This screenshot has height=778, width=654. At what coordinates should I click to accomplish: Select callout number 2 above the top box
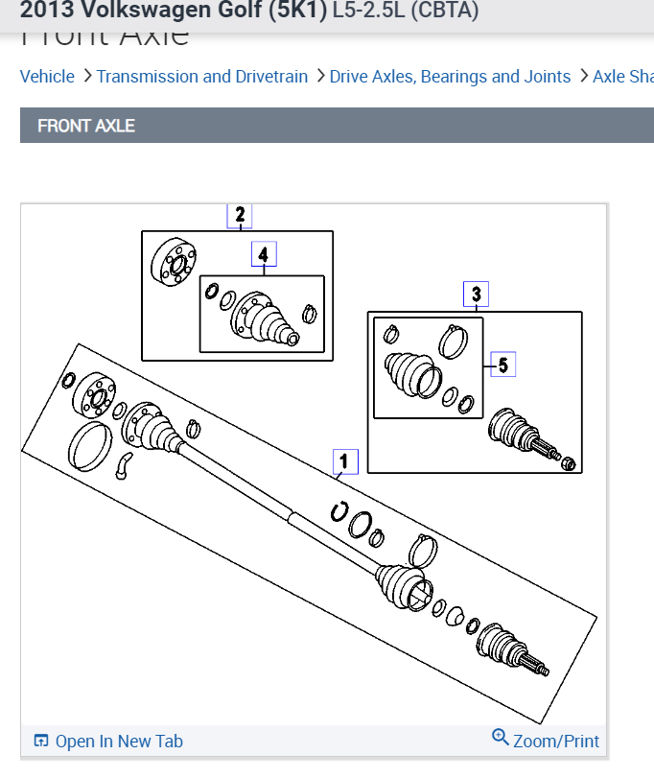coord(240,216)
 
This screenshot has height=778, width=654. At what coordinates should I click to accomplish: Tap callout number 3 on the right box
coord(477,294)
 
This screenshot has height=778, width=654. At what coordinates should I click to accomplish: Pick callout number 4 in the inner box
coord(264,254)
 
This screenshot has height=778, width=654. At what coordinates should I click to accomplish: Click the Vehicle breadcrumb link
coord(47,77)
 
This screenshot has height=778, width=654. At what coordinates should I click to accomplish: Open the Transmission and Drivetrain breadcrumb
coord(202,77)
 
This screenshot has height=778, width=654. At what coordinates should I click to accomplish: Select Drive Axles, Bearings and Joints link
coord(450,77)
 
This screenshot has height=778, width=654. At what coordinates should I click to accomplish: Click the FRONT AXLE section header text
coord(86,126)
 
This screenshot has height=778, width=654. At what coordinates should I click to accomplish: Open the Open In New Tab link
coord(119,741)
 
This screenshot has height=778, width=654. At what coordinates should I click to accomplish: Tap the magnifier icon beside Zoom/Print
coord(500,737)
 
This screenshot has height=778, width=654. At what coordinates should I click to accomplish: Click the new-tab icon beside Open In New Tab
coord(41,741)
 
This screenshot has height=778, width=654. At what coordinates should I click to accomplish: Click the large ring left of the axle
coord(89,446)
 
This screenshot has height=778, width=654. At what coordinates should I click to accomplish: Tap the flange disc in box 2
coord(173,261)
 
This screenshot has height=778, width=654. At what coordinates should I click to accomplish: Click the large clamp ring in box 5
coord(453,341)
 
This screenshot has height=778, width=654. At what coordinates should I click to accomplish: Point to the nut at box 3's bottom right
coord(567,464)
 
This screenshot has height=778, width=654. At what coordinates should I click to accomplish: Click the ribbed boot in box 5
coord(408,375)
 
